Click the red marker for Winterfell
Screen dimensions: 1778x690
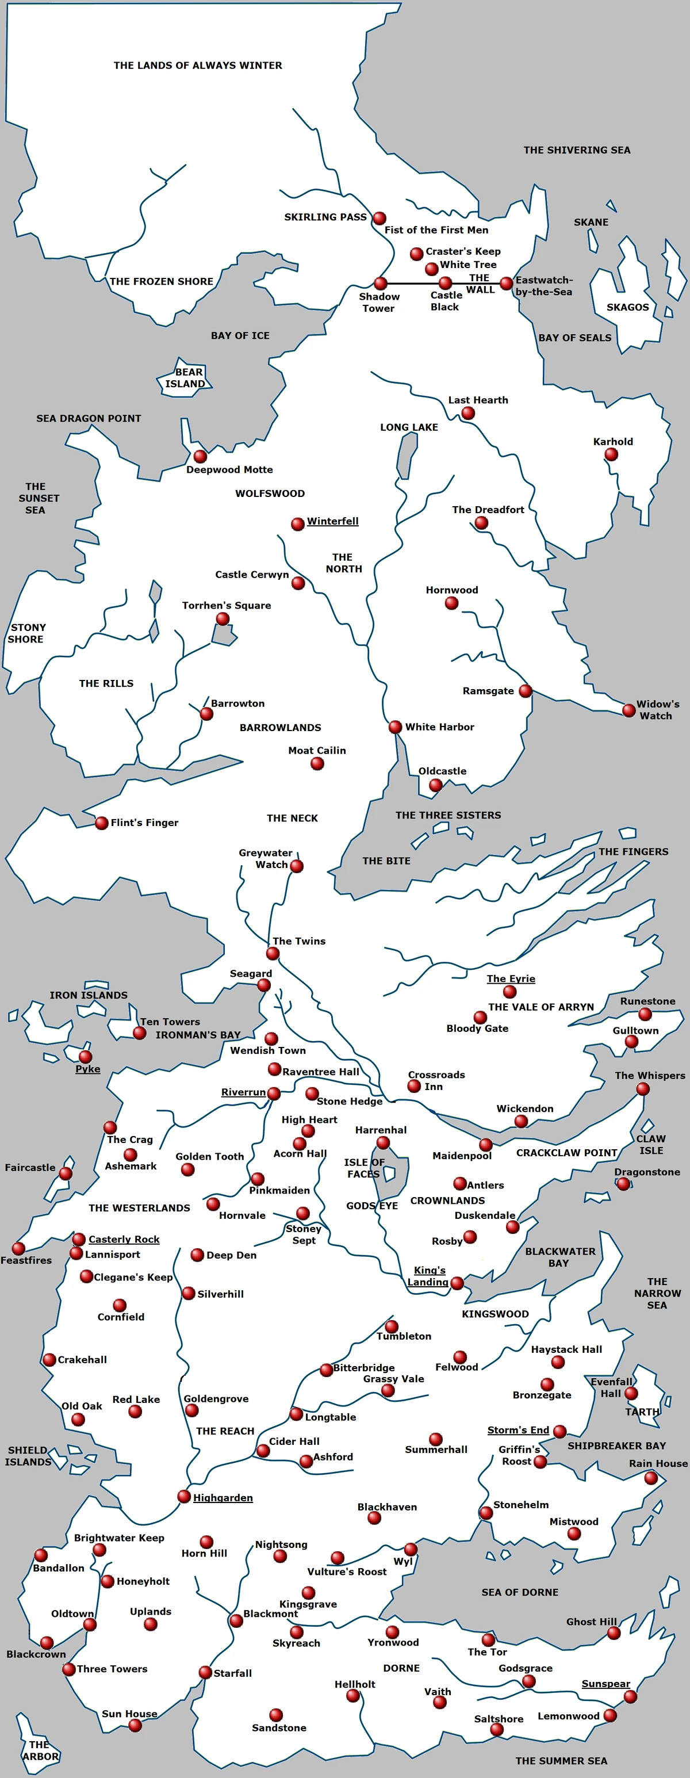297,525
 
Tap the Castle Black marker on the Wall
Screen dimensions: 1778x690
446,283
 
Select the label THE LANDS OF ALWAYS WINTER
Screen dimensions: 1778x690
198,66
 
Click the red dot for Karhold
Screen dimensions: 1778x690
611,454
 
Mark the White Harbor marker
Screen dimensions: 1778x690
396,727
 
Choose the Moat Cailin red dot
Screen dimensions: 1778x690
317,763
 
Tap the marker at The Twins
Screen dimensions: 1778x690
273,954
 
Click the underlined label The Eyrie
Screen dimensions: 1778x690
511,978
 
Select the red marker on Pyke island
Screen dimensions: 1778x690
86,1057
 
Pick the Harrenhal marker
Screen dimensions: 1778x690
383,1143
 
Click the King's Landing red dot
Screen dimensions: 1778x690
457,1284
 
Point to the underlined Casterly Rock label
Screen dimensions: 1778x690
124,1240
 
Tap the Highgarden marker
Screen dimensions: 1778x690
184,1496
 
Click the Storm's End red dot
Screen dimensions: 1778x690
560,1432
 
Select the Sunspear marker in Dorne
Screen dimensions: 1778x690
630,1696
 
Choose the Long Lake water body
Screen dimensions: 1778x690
407,456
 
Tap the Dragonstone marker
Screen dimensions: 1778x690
624,1184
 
